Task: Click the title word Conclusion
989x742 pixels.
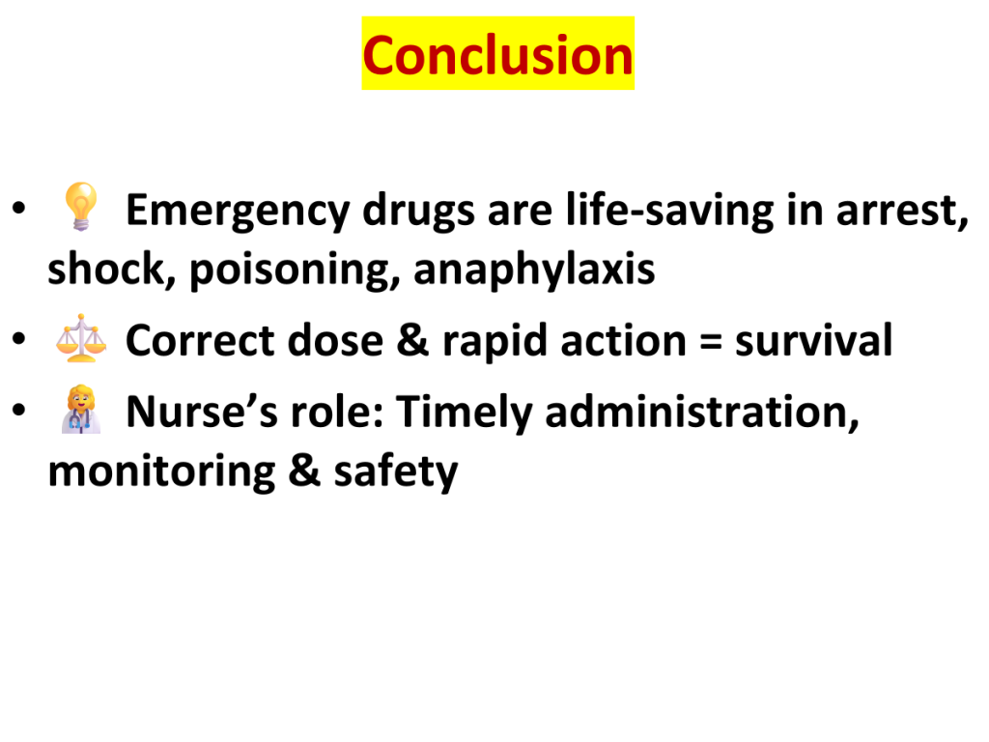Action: [x=497, y=55]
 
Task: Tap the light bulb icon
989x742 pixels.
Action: [x=81, y=206]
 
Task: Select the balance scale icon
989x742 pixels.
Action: [x=81, y=338]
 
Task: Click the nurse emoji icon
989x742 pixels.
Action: [x=81, y=409]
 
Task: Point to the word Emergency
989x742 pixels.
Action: [x=238, y=211]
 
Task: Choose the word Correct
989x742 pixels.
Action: [x=201, y=341]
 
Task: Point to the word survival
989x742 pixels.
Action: [x=813, y=341]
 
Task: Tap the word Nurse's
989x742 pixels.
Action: [x=202, y=412]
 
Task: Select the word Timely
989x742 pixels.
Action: [x=465, y=413]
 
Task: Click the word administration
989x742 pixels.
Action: [x=702, y=413]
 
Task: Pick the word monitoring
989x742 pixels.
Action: [x=161, y=471]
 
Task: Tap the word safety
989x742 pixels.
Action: [x=395, y=471]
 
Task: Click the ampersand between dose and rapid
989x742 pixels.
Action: [x=412, y=341]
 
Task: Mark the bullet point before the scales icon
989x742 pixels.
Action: [x=19, y=338]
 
